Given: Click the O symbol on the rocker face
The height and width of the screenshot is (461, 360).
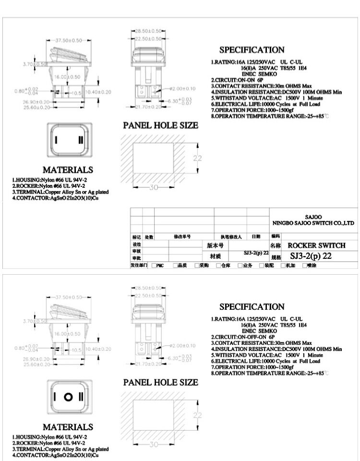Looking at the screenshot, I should (x=69, y=397).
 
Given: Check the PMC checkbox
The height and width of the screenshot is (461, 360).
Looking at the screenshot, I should (x=154, y=265).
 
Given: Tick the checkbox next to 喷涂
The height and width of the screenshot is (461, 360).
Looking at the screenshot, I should (x=305, y=265).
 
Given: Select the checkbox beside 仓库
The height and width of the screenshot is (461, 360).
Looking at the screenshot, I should (x=218, y=265).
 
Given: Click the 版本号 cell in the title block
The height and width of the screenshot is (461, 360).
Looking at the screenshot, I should (x=215, y=245).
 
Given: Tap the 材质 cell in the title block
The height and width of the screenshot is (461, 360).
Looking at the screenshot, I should (x=215, y=257).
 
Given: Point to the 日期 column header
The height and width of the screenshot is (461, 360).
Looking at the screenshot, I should (x=256, y=237).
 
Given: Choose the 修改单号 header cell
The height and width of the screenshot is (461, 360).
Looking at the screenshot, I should (x=182, y=237).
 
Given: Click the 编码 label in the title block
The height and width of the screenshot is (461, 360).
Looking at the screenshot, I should (x=275, y=236).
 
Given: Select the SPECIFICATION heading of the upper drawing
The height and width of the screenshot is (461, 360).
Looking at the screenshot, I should (x=252, y=50).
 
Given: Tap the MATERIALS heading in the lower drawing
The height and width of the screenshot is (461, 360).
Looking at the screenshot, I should (x=68, y=427).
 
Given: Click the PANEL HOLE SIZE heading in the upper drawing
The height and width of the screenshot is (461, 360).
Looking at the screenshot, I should (x=160, y=125).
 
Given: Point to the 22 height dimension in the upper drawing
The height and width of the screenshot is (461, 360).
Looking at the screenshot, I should (x=197, y=158).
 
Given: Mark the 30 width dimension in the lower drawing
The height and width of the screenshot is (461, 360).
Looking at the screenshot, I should (x=153, y=445).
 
